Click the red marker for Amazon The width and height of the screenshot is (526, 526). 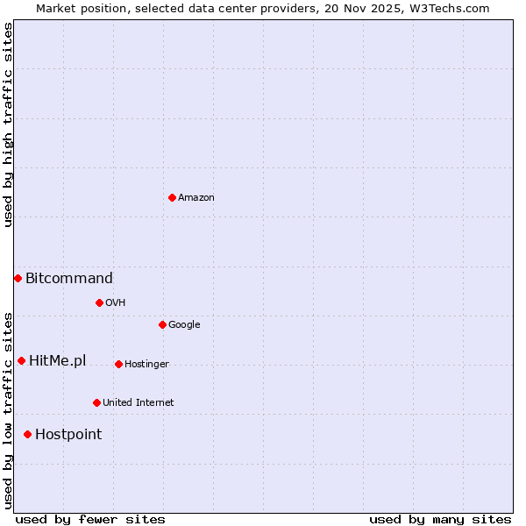tap(172, 197)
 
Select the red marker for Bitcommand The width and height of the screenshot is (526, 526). tap(18, 278)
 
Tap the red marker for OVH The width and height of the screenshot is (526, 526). tap(99, 302)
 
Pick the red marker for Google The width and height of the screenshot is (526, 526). tap(162, 324)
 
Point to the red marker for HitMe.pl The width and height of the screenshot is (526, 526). tap(21, 360)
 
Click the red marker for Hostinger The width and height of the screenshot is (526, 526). tap(118, 364)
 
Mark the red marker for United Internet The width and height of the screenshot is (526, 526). tap(96, 402)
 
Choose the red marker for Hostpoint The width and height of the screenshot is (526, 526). tap(27, 434)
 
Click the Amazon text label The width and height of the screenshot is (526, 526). tap(196, 198)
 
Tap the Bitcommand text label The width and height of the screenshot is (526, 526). tap(69, 279)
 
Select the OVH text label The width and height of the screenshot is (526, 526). tap(116, 303)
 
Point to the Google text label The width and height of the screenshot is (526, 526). tap(184, 325)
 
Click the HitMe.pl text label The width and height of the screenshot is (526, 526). tap(58, 361)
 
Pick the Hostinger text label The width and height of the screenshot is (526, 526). tap(146, 365)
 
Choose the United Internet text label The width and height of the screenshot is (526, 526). tap(139, 403)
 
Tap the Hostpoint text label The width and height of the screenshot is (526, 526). tap(68, 435)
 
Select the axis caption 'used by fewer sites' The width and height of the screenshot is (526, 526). tap(90, 519)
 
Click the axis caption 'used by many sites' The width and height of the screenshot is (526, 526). tap(440, 519)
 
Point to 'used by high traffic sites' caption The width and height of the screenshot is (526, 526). tap(8, 125)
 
